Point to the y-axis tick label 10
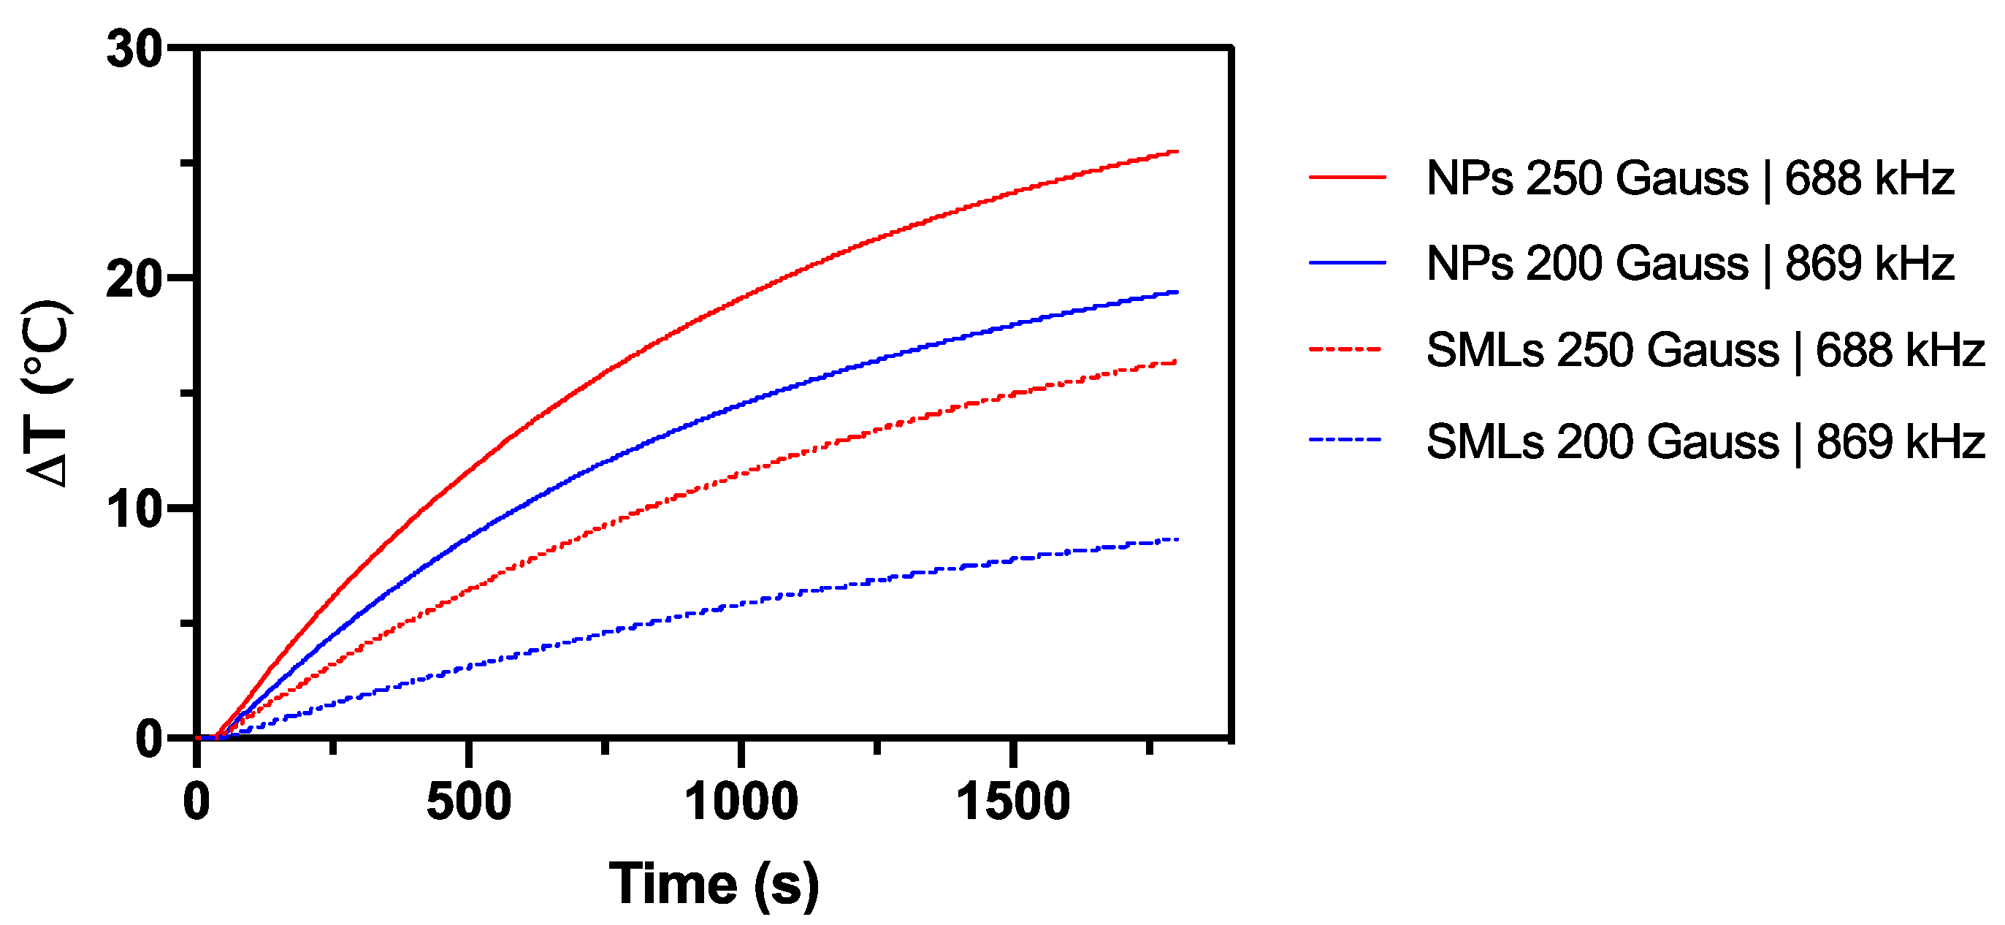pos(134,510)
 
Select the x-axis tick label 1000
pos(740,802)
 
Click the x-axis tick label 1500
pos(1012,802)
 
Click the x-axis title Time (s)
pos(714,885)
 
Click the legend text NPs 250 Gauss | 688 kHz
pos(1689,178)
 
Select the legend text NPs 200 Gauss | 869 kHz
pos(1689,263)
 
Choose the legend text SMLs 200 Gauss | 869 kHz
pos(1705,441)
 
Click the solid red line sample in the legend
pos(1348,178)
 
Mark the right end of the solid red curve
pos(1176,152)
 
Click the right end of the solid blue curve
pos(1176,292)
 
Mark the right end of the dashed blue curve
pos(1176,539)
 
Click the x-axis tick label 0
pos(196,802)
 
